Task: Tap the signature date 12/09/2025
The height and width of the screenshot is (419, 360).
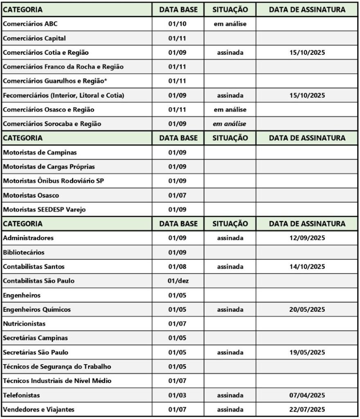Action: (x=307, y=238)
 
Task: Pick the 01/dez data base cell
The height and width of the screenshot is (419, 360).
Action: (x=178, y=281)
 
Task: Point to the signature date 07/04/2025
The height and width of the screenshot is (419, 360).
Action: (x=307, y=395)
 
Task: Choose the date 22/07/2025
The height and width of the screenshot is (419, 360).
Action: (x=307, y=410)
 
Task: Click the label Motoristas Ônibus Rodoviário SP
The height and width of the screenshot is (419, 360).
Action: (x=53, y=181)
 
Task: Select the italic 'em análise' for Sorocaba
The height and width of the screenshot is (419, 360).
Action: (x=230, y=124)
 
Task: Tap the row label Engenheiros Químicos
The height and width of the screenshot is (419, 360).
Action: (x=37, y=310)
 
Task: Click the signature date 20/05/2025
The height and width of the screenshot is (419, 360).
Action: (x=307, y=310)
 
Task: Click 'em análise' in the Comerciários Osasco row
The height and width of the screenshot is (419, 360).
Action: (x=230, y=110)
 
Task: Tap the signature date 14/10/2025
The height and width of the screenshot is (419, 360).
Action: (x=307, y=267)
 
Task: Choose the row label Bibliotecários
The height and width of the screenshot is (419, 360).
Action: (x=24, y=252)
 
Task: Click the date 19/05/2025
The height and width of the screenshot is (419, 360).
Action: (x=307, y=353)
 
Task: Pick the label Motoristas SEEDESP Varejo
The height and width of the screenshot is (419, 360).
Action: (x=45, y=210)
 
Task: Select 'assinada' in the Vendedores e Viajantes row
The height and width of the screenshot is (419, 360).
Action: (x=230, y=410)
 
